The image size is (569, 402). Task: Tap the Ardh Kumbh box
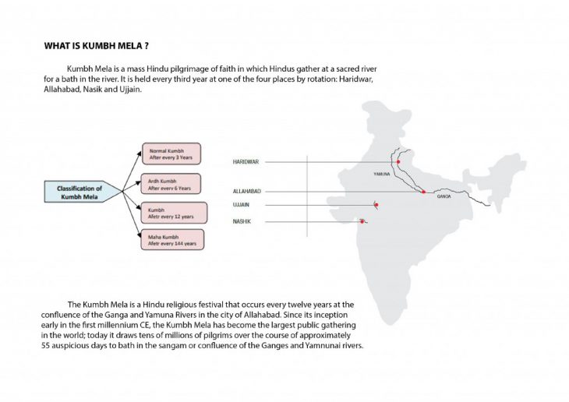[171, 183]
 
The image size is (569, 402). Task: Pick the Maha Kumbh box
[172, 239]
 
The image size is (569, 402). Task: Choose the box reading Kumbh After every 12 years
[171, 212]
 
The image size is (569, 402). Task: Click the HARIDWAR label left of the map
[246, 161]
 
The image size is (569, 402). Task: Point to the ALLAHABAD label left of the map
[247, 191]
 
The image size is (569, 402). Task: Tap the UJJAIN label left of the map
[242, 205]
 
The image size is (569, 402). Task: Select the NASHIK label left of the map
[242, 221]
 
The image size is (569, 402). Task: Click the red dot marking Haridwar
[398, 162]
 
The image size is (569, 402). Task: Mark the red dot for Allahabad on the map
[423, 192]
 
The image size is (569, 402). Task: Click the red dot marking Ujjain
[376, 205]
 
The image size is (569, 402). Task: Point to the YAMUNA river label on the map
[382, 174]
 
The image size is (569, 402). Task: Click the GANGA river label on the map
[444, 196]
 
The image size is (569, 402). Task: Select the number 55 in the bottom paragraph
[47, 345]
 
